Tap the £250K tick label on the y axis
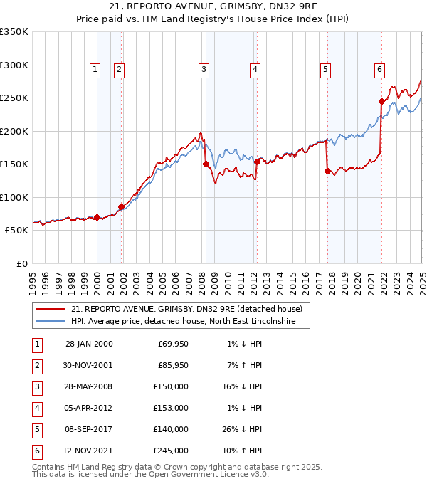coord(14,98)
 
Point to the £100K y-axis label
coord(14,197)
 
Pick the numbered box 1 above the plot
coord(95,69)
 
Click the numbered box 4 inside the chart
coord(254,69)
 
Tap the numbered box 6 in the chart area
coord(379,69)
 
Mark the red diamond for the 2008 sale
coord(206,164)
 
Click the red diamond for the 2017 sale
coord(327,171)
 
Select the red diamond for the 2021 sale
coord(381,101)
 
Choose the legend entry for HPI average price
coord(191,322)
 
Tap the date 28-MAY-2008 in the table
coord(89,386)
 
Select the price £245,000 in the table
coord(171,450)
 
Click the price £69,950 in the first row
coord(172,344)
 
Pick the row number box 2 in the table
coord(36,364)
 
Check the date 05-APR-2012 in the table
coord(89,407)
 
